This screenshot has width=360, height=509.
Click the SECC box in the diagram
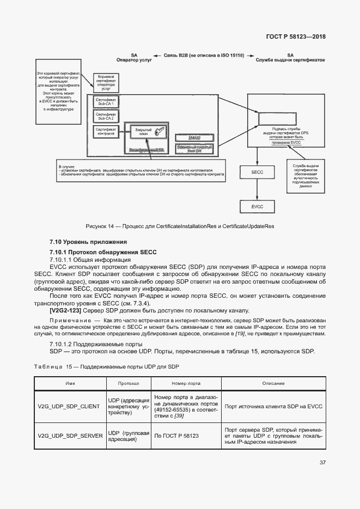[x=257, y=172]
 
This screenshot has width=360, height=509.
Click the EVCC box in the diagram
[x=257, y=206]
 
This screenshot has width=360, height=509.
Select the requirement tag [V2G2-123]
[x=66, y=309]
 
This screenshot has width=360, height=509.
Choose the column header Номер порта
[x=186, y=383]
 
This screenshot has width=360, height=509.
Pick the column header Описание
[x=273, y=383]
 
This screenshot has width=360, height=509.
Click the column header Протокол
[x=129, y=383]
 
